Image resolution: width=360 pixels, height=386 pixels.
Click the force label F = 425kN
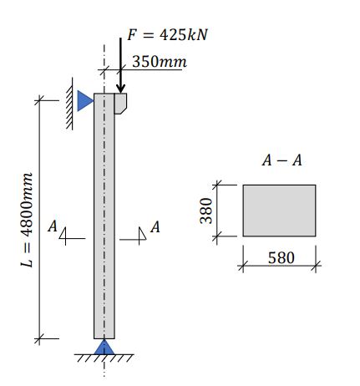pyautogui.click(x=166, y=36)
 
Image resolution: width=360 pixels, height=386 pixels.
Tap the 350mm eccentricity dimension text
pyautogui.click(x=159, y=63)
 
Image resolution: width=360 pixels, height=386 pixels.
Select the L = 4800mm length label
pyautogui.click(x=28, y=221)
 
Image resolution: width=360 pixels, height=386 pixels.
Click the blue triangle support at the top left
pyautogui.click(x=84, y=101)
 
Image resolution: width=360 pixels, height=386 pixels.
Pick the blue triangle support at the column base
pyautogui.click(x=104, y=346)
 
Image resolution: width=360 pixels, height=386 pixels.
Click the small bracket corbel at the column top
pyautogui.click(x=120, y=103)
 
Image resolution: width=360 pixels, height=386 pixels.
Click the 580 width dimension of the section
pyautogui.click(x=281, y=258)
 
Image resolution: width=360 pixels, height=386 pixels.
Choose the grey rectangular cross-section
pyautogui.click(x=279, y=211)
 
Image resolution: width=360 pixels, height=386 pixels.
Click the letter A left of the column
pyautogui.click(x=53, y=226)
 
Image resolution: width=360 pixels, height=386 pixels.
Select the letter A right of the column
pyautogui.click(x=155, y=226)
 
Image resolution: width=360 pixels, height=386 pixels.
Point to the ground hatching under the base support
pyautogui.click(x=104, y=359)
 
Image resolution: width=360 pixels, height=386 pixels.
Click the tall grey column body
pyautogui.click(x=104, y=217)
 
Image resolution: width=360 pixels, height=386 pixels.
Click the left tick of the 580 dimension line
pyautogui.click(x=243, y=266)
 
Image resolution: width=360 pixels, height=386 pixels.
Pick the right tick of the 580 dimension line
pyautogui.click(x=317, y=266)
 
